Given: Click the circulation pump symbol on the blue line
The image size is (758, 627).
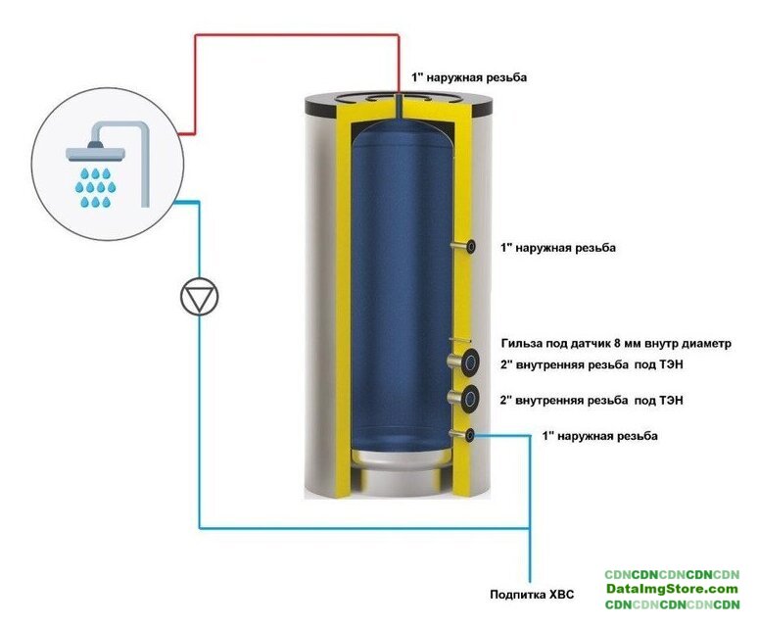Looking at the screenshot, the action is pos(200,297).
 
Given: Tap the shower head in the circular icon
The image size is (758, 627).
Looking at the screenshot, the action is pos(96,151).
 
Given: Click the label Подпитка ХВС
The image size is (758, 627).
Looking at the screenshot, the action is pos(532,594).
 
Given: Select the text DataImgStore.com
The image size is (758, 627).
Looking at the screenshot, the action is pos(672,589).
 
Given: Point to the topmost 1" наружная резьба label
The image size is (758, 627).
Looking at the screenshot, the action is pos(469,77).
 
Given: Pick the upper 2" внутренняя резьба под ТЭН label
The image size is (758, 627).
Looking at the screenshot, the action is pos(592,364).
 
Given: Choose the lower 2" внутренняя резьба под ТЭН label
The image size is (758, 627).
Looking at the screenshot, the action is pos(592,401).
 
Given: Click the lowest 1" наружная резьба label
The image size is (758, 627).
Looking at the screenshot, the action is pos(600,436).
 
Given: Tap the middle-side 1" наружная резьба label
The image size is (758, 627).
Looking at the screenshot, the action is pos(558,248).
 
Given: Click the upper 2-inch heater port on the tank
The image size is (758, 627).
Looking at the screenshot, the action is pos(463,361).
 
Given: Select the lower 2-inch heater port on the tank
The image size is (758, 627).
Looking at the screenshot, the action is pos(463,399).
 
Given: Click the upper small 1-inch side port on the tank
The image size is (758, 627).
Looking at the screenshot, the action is pos(463,247).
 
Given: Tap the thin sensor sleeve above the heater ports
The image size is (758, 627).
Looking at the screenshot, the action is pos(459,340).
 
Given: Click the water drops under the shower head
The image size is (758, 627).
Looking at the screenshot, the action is pos(95,187).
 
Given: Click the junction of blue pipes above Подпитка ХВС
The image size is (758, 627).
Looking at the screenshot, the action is pos(530,528).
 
